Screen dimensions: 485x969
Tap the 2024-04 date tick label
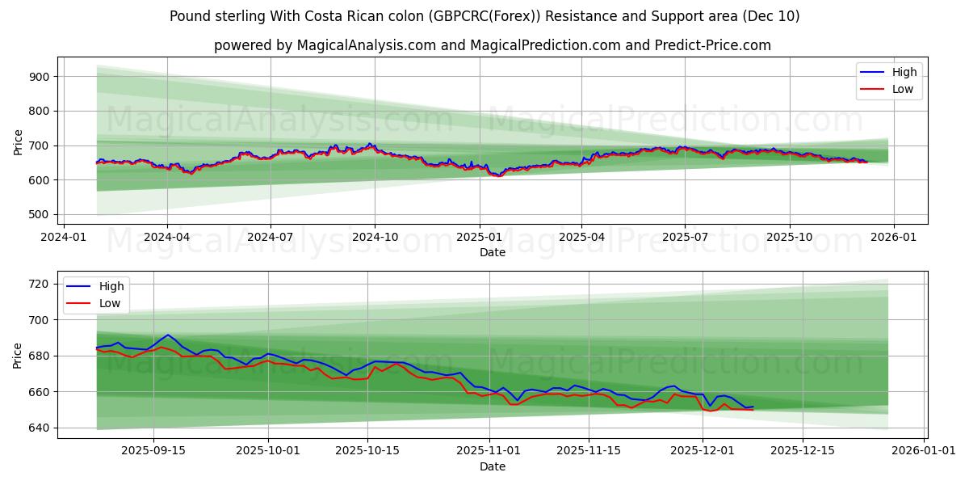point(167,237)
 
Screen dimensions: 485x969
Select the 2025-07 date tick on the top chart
point(685,237)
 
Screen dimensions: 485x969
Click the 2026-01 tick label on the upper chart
point(893,237)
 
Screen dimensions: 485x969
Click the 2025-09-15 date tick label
point(153,451)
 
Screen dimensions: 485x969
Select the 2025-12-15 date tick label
point(803,451)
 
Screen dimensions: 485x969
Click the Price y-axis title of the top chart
point(19,141)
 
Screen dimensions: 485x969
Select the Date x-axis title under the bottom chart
point(493,466)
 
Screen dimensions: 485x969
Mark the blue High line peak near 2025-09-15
point(168,335)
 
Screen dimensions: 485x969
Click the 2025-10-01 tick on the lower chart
point(266,451)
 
